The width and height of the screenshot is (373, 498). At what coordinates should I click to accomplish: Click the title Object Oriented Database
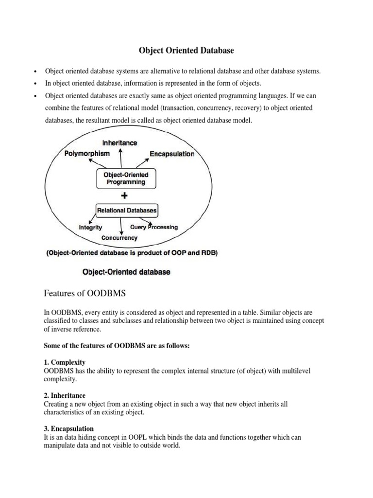186,50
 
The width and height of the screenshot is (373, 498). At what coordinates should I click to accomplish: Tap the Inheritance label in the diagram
119,142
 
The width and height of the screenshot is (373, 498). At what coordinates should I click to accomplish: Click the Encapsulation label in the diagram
172,154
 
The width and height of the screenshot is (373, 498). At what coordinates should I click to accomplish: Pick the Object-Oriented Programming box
126,178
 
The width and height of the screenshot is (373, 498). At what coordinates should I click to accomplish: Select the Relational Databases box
126,211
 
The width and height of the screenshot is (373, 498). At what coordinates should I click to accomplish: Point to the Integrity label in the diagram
91,227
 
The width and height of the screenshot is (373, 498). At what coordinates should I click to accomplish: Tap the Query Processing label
154,227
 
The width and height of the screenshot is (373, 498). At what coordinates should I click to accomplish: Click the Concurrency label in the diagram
119,238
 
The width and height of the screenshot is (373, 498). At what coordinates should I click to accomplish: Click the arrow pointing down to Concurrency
120,226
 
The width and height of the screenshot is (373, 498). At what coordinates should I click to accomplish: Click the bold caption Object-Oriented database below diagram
127,272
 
